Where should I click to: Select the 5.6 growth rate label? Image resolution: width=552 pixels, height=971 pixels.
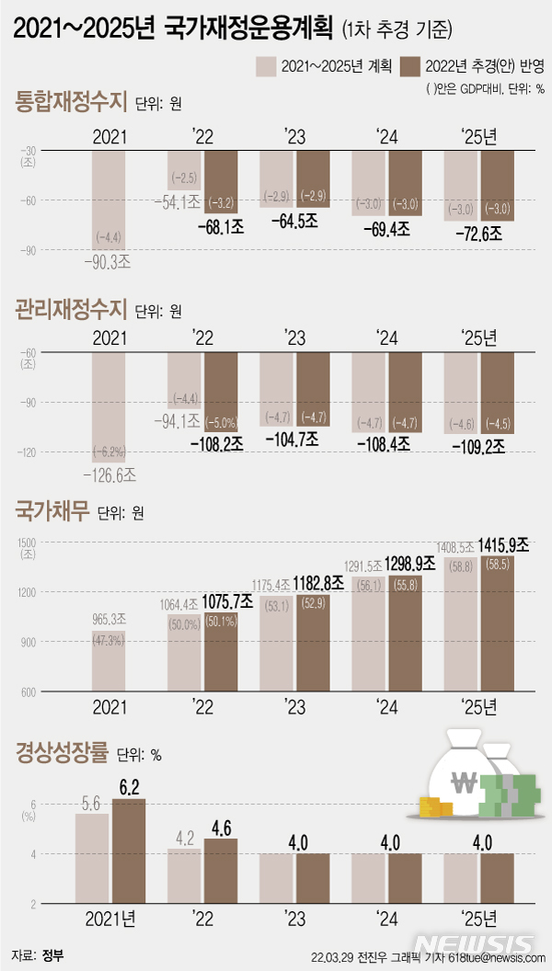[x=91, y=803]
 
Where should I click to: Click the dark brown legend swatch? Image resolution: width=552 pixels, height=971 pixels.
[x=408, y=65]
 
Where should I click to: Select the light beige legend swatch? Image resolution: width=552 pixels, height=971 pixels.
[x=267, y=65]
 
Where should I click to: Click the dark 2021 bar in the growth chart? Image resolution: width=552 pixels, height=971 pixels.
[x=128, y=851]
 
